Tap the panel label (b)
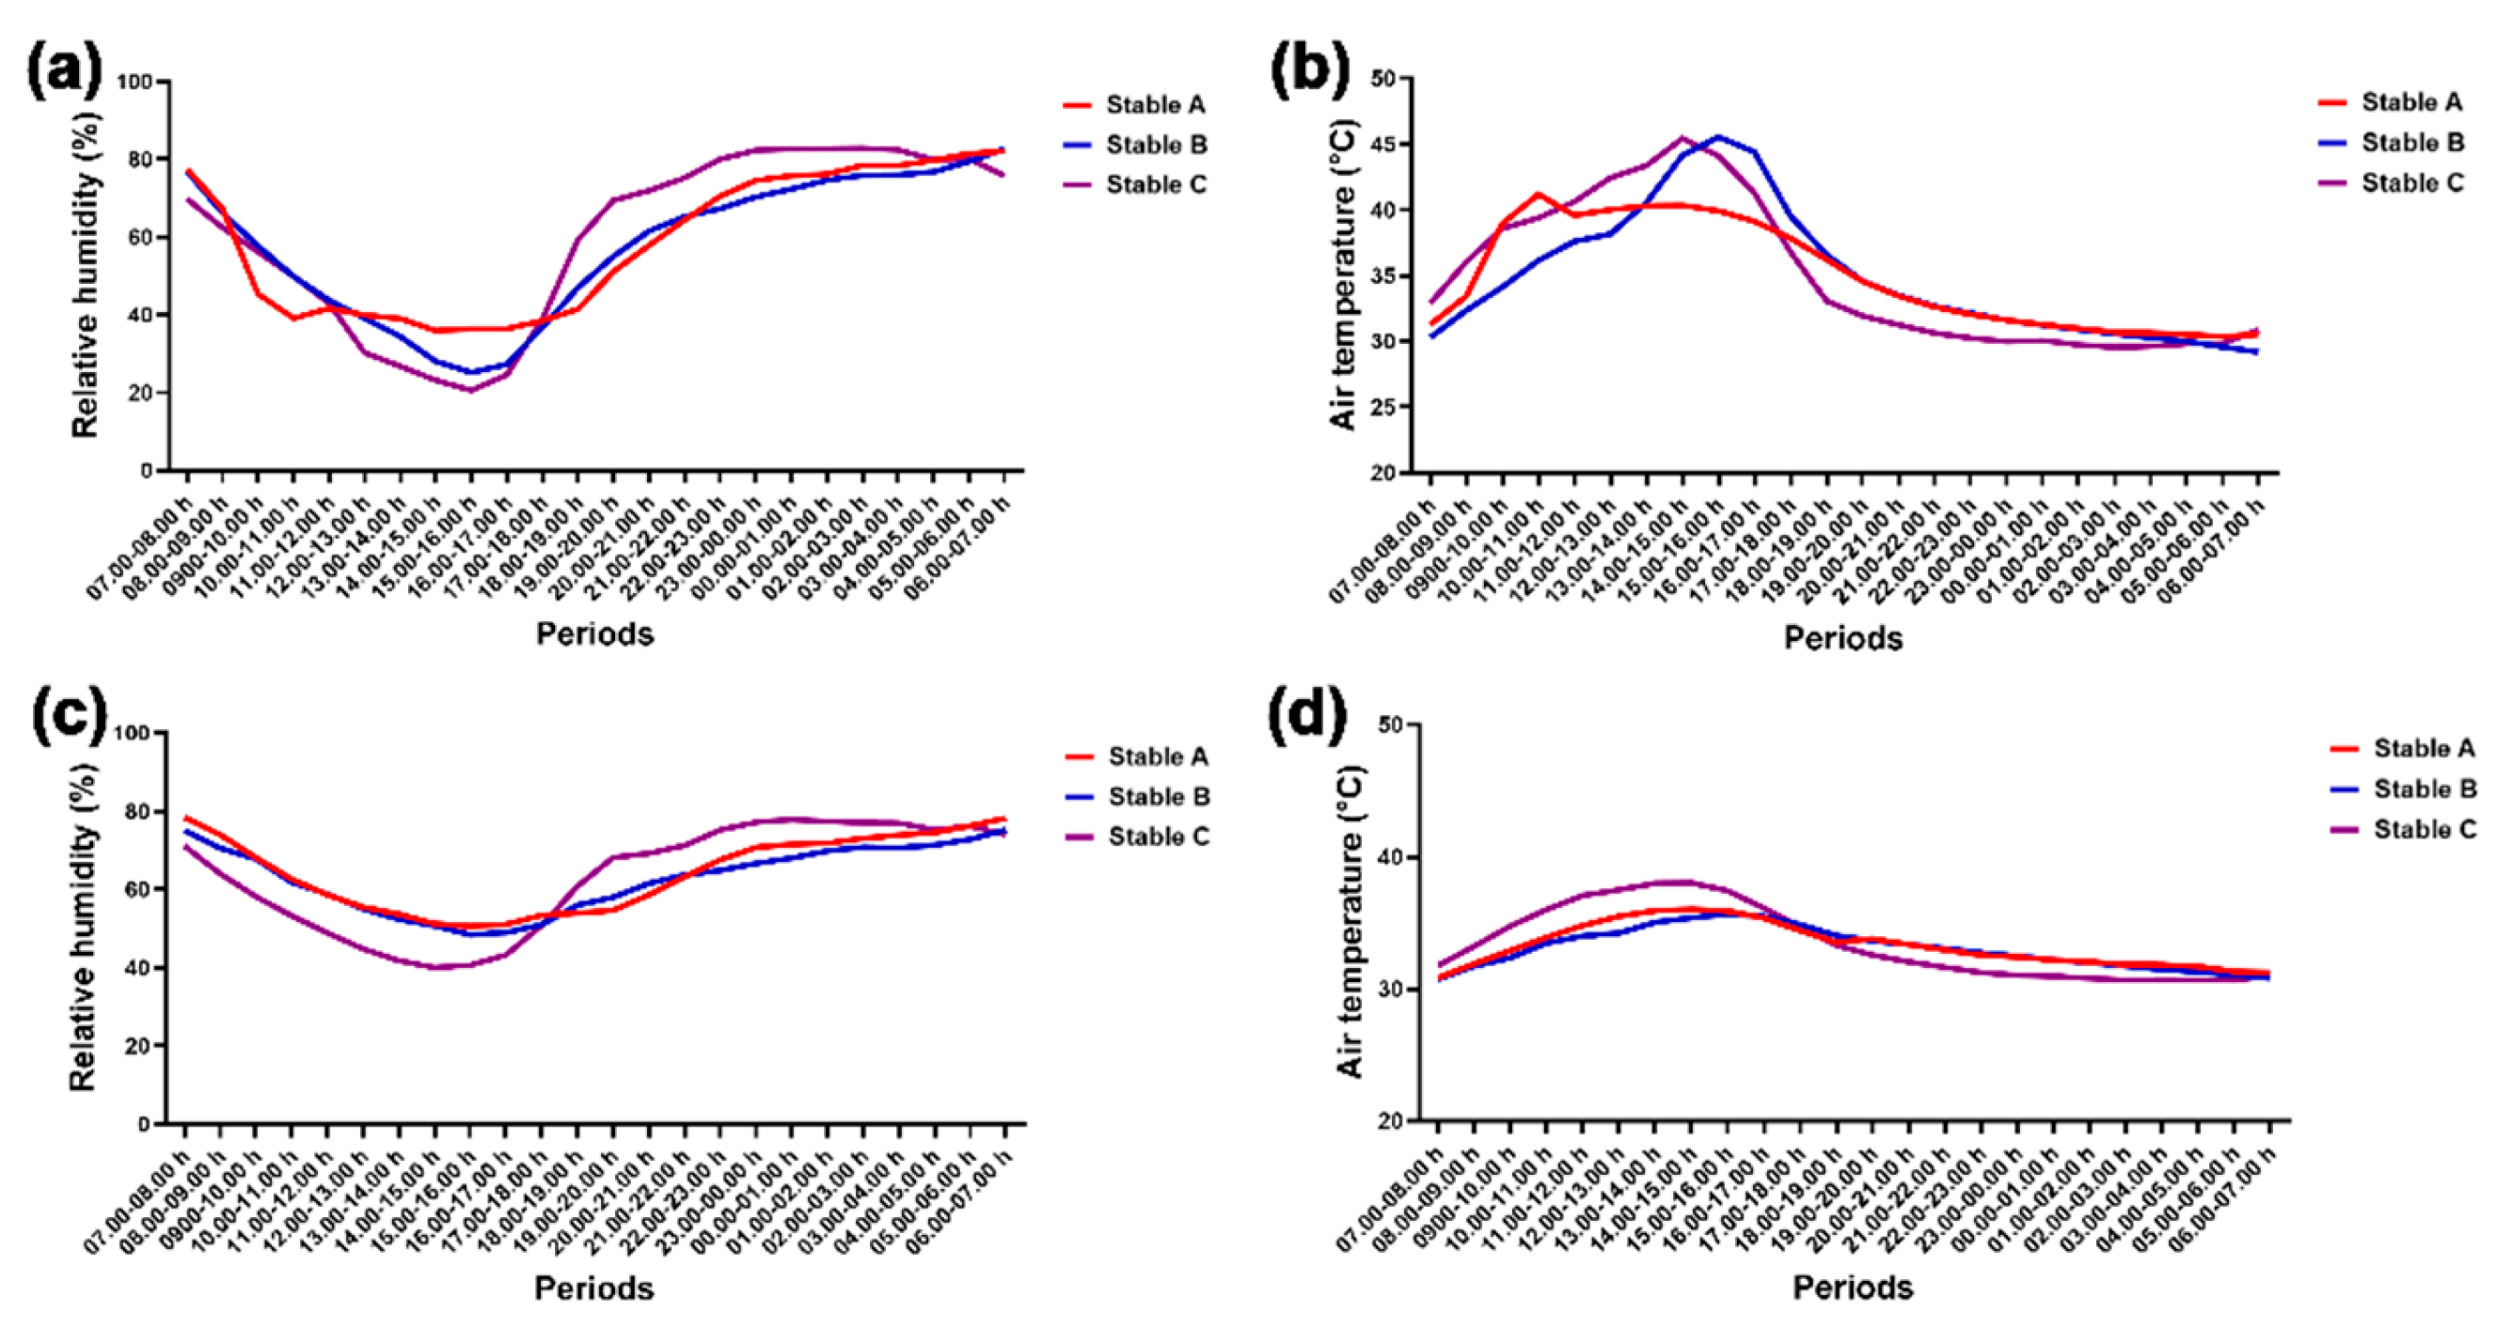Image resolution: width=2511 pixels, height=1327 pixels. (1310, 69)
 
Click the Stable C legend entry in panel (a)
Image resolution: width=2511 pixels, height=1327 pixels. (1156, 185)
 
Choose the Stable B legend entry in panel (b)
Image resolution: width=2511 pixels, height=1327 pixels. (2412, 143)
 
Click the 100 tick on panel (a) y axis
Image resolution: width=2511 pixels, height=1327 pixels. (134, 82)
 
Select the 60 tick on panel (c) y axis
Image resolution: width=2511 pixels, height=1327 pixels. (136, 890)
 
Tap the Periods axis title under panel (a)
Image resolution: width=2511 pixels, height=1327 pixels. (594, 634)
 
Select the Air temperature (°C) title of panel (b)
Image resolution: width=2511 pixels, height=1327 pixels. (1344, 277)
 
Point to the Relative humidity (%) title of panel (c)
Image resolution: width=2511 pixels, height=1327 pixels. (84, 928)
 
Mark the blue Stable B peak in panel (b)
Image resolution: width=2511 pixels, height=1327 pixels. (1718, 136)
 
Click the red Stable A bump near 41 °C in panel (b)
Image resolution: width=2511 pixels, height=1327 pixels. (1540, 194)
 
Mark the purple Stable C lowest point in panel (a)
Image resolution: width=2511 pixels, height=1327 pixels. (471, 391)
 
